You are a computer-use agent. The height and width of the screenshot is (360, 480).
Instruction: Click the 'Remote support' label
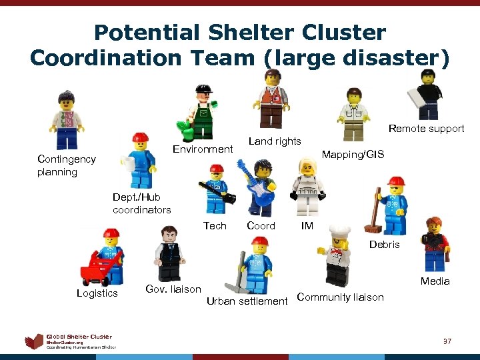point(426,129)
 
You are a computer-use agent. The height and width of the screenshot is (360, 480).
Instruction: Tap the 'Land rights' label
point(275,141)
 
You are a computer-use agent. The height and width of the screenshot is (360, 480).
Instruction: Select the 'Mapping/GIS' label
point(353,154)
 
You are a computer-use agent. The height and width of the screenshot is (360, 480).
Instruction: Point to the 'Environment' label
point(203,149)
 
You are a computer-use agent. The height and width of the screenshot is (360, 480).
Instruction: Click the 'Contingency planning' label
point(67,165)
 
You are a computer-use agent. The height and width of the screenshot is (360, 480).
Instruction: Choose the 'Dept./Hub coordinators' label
point(141,203)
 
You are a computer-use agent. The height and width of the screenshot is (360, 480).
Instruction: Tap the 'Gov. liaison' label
point(173,289)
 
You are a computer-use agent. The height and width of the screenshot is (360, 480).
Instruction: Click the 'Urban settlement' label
point(247,301)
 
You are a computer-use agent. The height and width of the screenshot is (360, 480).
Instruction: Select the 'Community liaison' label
point(340,297)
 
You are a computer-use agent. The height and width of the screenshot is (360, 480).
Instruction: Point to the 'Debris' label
point(385,245)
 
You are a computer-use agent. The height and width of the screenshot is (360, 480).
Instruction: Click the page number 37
point(448,341)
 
